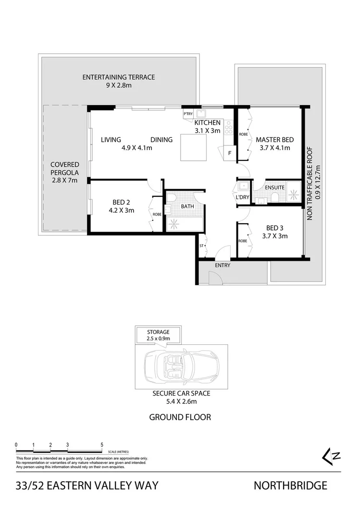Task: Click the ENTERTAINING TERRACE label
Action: point(118,77)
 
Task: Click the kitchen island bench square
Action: point(194,148)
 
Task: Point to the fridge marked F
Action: point(229,153)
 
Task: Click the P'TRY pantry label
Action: point(188,114)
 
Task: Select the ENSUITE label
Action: point(274,187)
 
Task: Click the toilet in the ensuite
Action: point(274,197)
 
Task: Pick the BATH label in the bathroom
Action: point(187,206)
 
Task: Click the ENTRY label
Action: point(223,265)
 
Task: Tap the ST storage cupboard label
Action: point(201,246)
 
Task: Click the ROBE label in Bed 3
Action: point(243,241)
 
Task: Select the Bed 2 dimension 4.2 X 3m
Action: point(121,210)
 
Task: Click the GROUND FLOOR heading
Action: point(180,417)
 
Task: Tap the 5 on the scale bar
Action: point(102,445)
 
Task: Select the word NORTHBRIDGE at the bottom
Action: point(290,485)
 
